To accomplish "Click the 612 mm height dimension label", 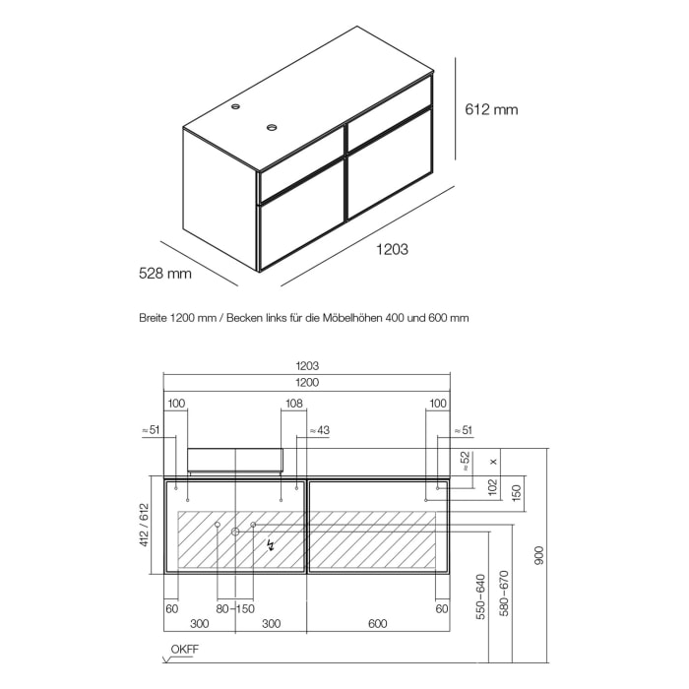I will point(491,109).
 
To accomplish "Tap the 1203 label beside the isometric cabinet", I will point(392,250).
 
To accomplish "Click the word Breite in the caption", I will point(156,318).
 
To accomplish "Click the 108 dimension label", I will point(292,404).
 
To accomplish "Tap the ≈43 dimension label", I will point(319,430).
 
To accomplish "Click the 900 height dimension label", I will point(536,555).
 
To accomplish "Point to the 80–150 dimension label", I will point(235,609).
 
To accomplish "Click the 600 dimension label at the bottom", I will point(378,624).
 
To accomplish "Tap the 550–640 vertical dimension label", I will point(480,596).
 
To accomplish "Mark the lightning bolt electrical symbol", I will point(268,542).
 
